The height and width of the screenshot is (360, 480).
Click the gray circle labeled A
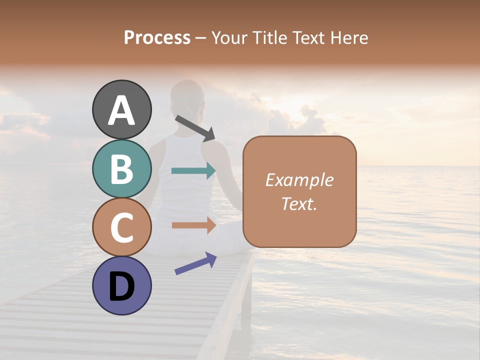pos(122,109)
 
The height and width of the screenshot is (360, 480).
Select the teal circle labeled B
pos(122,168)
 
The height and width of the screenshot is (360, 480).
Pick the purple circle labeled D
pos(122,285)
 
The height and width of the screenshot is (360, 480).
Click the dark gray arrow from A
pos(195,128)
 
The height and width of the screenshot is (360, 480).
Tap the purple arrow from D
pos(195,263)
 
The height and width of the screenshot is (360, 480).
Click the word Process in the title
pos(157,38)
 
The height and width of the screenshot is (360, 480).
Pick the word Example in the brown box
pos(299,180)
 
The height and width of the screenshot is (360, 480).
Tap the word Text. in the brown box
pos(299,203)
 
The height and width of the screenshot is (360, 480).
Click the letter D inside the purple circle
pos(122,286)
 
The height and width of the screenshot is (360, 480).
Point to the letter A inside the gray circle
pos(122,110)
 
